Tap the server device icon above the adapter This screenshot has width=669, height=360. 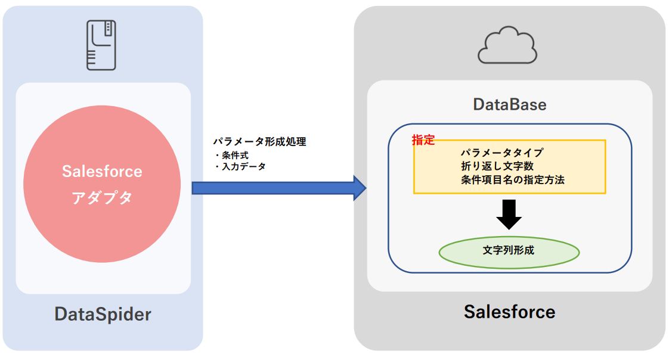(101, 45)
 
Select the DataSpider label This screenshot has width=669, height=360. (103, 314)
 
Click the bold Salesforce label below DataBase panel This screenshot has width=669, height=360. (509, 311)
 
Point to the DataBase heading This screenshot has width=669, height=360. (510, 105)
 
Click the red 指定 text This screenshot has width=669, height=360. (423, 141)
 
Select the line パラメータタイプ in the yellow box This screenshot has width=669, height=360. (501, 153)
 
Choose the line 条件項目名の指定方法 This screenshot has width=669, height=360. (512, 179)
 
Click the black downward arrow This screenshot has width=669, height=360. (509, 215)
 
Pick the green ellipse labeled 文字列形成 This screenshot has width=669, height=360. (509, 252)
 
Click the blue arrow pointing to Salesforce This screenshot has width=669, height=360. (274, 188)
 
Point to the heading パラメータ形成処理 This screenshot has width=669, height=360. (259, 142)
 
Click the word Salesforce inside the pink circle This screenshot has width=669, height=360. (102, 172)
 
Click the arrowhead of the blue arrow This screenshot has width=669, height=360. (360, 188)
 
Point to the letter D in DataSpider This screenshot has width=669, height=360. (61, 314)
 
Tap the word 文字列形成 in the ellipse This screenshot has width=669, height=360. (509, 250)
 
